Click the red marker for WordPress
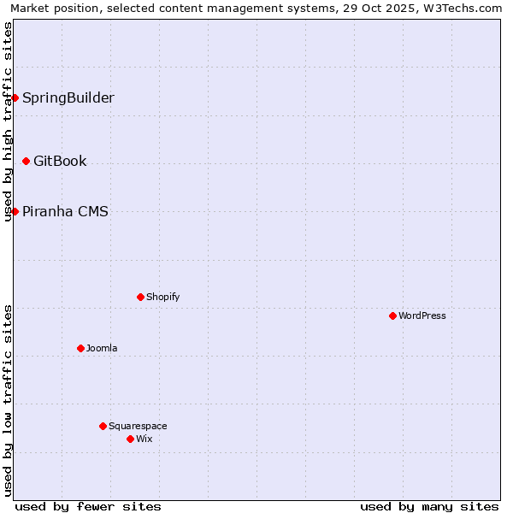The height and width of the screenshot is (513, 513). (x=392, y=315)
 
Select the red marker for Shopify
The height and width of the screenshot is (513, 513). (x=140, y=297)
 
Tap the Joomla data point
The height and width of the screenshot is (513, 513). (x=80, y=348)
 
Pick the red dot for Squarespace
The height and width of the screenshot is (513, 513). (x=103, y=426)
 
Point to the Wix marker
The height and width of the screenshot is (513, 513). (x=130, y=439)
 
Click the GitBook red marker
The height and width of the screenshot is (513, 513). (x=26, y=161)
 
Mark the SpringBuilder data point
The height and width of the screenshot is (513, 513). (x=15, y=97)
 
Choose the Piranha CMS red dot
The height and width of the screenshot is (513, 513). (x=15, y=211)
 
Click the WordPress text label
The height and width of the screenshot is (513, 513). (x=422, y=315)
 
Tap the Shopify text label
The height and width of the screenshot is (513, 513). (x=162, y=297)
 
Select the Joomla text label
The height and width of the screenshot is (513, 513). (x=102, y=348)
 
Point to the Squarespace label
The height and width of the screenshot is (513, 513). (x=138, y=426)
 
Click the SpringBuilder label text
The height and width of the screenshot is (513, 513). (x=68, y=97)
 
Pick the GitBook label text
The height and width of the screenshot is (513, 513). (x=60, y=161)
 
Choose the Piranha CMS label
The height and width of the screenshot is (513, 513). (x=65, y=211)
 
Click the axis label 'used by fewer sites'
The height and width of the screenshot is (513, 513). (x=88, y=506)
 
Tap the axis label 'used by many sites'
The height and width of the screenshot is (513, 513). (x=429, y=506)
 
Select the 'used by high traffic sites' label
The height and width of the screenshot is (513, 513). (x=8, y=121)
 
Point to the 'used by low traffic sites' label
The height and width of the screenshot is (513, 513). (x=8, y=400)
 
